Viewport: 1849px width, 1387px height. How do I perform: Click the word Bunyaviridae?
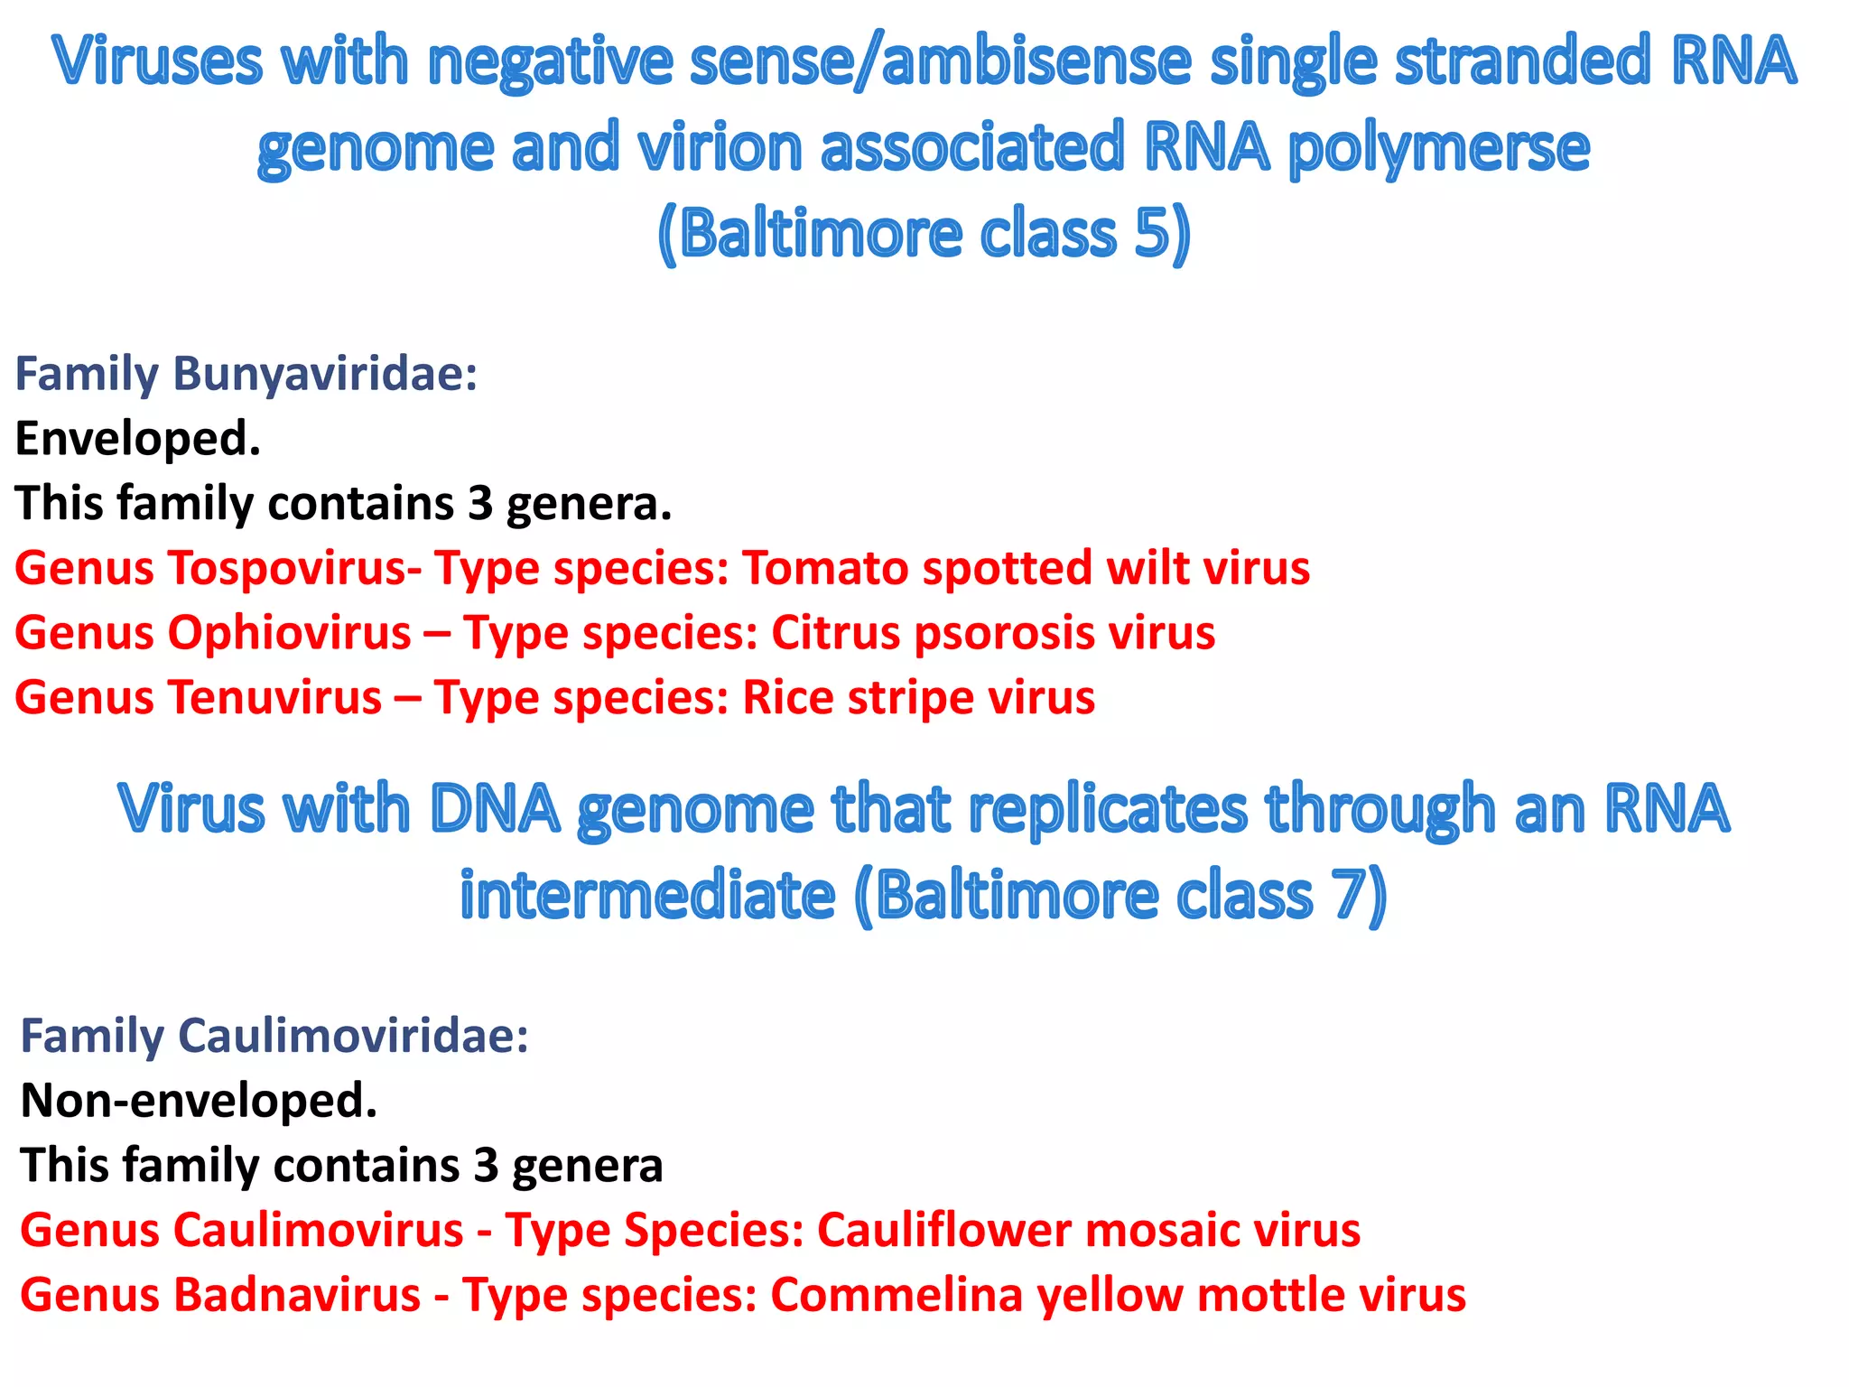tap(324, 375)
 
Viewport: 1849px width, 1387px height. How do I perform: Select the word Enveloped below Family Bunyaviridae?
tap(137, 440)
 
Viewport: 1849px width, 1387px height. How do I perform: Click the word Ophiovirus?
tap(289, 633)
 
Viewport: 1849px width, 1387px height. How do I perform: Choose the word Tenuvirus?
tap(274, 698)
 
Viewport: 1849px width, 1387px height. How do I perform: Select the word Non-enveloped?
tap(199, 1101)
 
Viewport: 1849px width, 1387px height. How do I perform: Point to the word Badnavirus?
tap(297, 1296)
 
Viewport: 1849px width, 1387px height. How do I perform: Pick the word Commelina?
tap(898, 1296)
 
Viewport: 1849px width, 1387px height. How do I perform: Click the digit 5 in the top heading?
tap(1151, 232)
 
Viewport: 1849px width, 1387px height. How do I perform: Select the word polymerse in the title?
tap(1439, 149)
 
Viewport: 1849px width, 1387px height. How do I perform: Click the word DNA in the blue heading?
tap(495, 809)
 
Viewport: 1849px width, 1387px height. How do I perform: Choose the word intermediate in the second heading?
tap(647, 896)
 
